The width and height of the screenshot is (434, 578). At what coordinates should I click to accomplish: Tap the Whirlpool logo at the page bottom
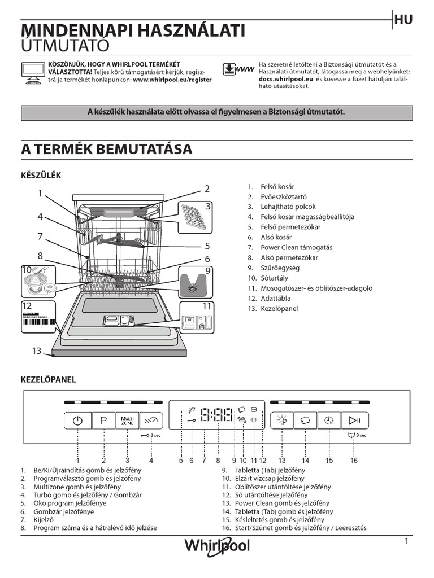(x=217, y=546)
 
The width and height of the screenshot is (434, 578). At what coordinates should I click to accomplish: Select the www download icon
(x=237, y=69)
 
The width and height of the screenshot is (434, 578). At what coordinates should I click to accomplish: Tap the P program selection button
(x=104, y=421)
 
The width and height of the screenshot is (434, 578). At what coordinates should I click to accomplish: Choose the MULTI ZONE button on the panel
(x=128, y=421)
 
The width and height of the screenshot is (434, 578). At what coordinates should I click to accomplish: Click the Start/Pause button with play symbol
(x=354, y=420)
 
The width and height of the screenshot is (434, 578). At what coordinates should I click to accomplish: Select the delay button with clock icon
(x=329, y=421)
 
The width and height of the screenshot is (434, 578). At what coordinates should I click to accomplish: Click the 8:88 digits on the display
(x=216, y=417)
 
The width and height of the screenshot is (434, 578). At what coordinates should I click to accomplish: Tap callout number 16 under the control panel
(x=354, y=461)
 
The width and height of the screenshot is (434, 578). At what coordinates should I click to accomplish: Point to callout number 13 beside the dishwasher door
(x=37, y=351)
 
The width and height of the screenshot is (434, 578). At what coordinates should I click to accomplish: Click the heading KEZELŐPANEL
(x=48, y=380)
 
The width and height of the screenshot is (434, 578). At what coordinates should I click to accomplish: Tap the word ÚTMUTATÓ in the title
(x=64, y=45)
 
